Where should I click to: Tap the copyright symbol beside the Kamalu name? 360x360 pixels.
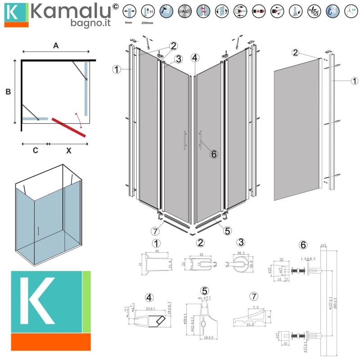115,6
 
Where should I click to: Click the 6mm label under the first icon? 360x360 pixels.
128,22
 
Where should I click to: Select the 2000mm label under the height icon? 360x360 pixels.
147,22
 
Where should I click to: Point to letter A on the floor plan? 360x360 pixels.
56,45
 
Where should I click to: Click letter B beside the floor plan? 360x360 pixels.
8,92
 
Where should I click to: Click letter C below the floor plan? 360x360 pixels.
35,151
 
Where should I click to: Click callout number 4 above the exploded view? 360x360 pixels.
194,58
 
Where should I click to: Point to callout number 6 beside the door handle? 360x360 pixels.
214,154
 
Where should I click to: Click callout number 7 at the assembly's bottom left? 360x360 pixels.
156,232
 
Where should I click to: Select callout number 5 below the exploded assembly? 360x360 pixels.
227,231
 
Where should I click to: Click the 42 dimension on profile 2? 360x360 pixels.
201,254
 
